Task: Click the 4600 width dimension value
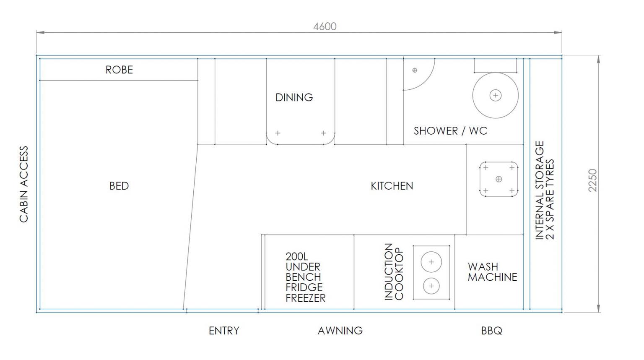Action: click(x=325, y=26)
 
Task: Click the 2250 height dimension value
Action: click(x=593, y=180)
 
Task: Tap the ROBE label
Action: click(x=119, y=70)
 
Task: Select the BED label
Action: click(x=119, y=186)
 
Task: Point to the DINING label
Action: click(x=294, y=98)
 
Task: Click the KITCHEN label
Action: click(x=392, y=186)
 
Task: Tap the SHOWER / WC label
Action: click(x=451, y=131)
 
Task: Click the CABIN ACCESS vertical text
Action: click(x=24, y=185)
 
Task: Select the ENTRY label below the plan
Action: click(x=224, y=331)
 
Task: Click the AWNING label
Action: click(x=340, y=331)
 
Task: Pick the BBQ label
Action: click(x=492, y=331)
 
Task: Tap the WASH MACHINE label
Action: click(x=492, y=272)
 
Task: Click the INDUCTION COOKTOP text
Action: click(x=394, y=272)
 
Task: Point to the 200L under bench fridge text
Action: click(x=305, y=277)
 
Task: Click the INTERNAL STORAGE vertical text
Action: click(x=539, y=190)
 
